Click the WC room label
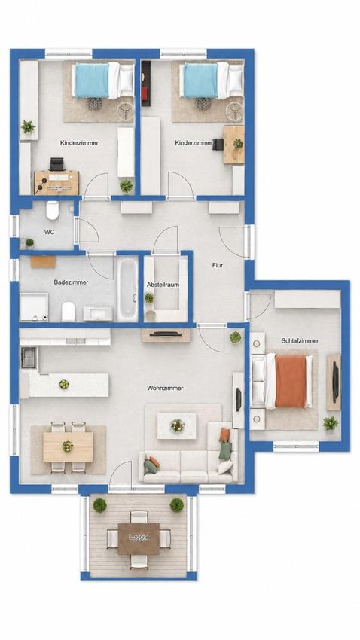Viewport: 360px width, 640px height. [50, 232]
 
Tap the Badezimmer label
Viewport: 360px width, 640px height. [71, 282]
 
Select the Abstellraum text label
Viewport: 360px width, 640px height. [163, 285]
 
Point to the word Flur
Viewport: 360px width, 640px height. [218, 265]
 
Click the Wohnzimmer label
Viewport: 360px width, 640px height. [165, 388]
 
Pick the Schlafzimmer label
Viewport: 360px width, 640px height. [300, 340]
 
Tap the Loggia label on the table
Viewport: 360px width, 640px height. [139, 537]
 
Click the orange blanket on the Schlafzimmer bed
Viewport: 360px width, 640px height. [290, 381]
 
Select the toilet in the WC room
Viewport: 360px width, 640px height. [53, 210]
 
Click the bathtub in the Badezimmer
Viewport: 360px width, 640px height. [128, 288]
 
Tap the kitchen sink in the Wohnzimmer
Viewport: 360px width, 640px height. [29, 358]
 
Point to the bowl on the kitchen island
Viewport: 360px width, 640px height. [64, 384]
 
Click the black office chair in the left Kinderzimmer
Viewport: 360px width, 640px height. [56, 164]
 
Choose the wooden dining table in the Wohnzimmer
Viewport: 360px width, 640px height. [69, 447]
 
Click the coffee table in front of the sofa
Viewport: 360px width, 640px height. [177, 425]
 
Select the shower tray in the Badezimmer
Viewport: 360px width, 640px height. [34, 307]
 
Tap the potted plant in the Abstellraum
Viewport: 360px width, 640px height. [149, 298]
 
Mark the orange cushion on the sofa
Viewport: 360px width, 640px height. [224, 435]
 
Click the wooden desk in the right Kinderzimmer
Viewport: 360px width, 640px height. [234, 145]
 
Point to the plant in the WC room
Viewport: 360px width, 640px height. [29, 242]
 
